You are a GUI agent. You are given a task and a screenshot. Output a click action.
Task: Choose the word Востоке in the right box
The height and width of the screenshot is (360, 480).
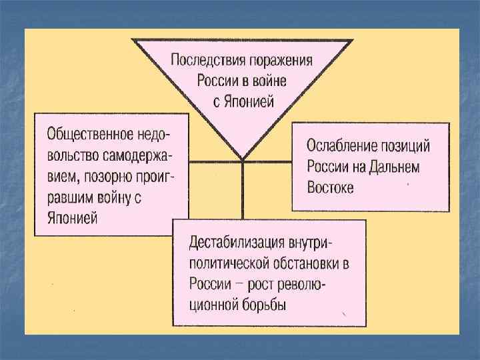pos(331,186)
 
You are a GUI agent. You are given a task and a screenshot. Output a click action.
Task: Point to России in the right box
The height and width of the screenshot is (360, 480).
pos(327,165)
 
